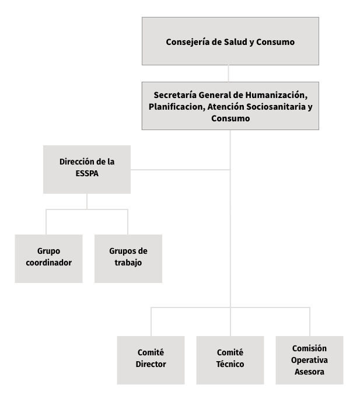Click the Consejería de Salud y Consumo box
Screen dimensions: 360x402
pos(230,41)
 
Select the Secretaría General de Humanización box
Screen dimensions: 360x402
pos(230,106)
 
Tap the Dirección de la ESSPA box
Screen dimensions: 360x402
pos(87,169)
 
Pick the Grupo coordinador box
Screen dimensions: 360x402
pos(48,258)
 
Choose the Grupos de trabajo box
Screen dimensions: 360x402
pos(128,258)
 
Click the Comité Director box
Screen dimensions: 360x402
pos(151,360)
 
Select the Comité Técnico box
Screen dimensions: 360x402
pos(230,360)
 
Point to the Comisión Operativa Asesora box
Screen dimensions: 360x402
pos(309,360)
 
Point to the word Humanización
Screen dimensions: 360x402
pos(277,95)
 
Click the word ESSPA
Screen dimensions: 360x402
pos(87,173)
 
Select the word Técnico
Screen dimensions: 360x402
pos(230,364)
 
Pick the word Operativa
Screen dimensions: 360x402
pos(309,360)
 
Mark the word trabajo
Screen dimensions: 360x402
pos(128,263)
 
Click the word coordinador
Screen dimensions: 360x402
pos(48,263)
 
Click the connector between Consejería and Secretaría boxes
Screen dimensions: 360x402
pos(229,74)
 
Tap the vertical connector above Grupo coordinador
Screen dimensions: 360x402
pos(46,222)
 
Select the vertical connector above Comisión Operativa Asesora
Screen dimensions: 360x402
pos(310,321)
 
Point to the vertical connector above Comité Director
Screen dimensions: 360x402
pos(151,321)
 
